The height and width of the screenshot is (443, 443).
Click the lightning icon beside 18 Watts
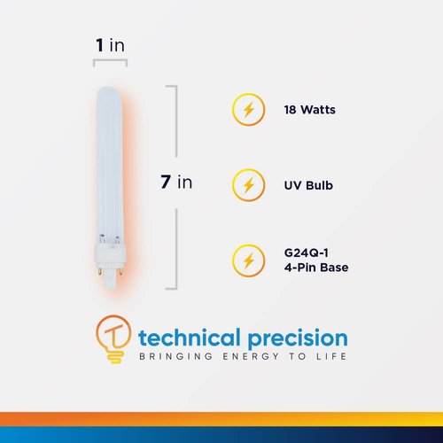pyautogui.click(x=248, y=111)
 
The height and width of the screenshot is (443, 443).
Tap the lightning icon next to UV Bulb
pyautogui.click(x=248, y=186)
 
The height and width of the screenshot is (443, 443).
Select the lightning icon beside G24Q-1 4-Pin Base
pyautogui.click(x=248, y=260)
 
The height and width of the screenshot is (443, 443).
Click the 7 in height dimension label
pyautogui.click(x=176, y=183)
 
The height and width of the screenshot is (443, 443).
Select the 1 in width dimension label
pyautogui.click(x=111, y=44)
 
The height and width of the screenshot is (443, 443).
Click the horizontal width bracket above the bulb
pyautogui.click(x=111, y=61)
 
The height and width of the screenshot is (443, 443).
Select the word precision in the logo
pyautogui.click(x=293, y=338)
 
